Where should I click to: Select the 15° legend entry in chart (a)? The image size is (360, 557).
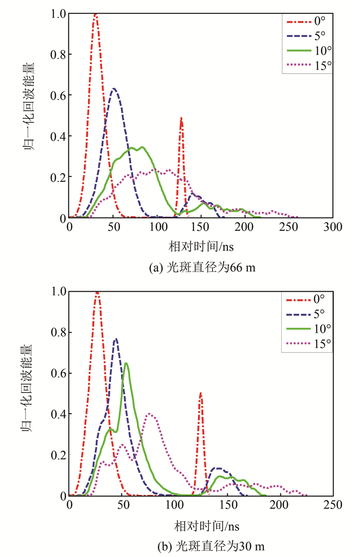click(x=307, y=65)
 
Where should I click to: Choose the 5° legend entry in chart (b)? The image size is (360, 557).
click(x=307, y=314)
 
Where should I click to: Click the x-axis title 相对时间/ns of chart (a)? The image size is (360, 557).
click(x=201, y=246)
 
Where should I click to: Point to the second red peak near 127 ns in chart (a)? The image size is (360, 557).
click(x=181, y=119)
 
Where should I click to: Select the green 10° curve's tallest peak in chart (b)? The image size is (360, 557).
click(x=126, y=364)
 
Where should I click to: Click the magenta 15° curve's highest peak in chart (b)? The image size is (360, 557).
click(x=150, y=414)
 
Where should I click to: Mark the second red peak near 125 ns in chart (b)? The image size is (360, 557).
click(x=201, y=394)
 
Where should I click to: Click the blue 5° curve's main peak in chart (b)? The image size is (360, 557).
click(x=116, y=339)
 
